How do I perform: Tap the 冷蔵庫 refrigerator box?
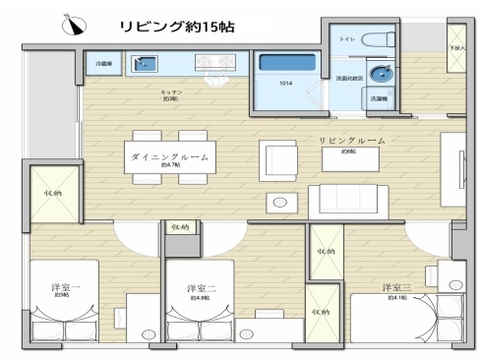(103, 64)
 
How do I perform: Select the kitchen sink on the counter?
(145, 64)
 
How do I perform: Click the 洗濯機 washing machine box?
(379, 98)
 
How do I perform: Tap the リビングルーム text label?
(351, 142)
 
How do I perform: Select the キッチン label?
(169, 92)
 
